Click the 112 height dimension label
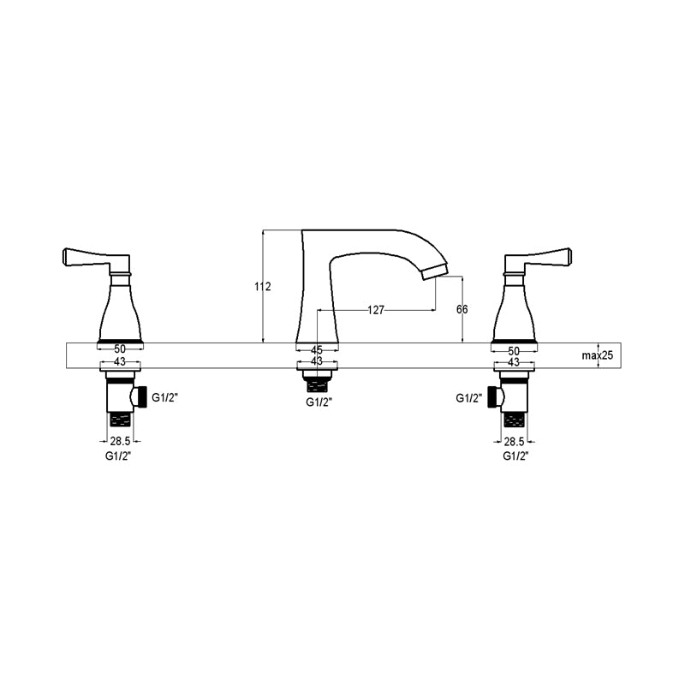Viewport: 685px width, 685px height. (x=263, y=287)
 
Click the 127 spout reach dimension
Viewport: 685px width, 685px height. (x=376, y=310)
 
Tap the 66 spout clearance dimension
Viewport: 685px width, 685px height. (x=462, y=309)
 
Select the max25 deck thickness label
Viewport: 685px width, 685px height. (x=597, y=355)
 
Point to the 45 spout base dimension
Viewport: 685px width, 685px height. (x=317, y=350)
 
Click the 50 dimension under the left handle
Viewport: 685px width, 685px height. (x=120, y=349)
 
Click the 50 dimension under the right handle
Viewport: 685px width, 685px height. (x=514, y=351)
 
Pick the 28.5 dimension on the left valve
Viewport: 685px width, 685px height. (x=120, y=441)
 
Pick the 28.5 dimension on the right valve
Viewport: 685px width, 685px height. (x=515, y=441)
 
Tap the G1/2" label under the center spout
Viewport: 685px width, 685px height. (x=319, y=402)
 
